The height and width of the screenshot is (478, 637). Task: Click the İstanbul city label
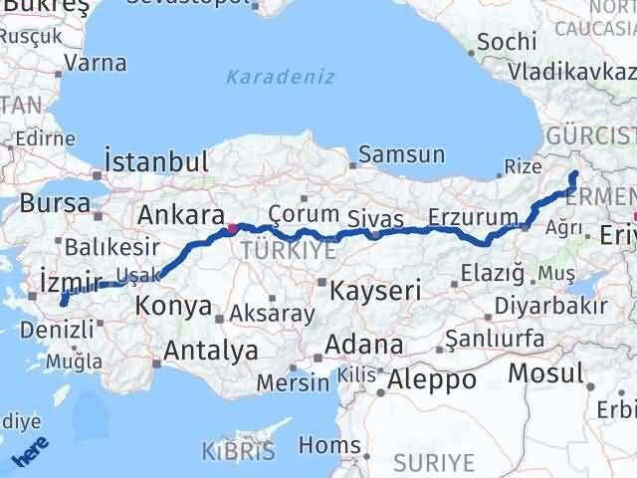pos(157,161)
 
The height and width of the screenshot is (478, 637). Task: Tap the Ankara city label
pos(179,214)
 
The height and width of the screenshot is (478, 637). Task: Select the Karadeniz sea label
pos(280,77)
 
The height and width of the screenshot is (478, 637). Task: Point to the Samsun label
pos(400,154)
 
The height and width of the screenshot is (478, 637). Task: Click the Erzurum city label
pos(473,217)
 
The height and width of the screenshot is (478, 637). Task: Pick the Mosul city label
pos(544,373)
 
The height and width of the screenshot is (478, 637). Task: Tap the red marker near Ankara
pos(231,228)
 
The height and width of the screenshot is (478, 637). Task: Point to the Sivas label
pos(376,218)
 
